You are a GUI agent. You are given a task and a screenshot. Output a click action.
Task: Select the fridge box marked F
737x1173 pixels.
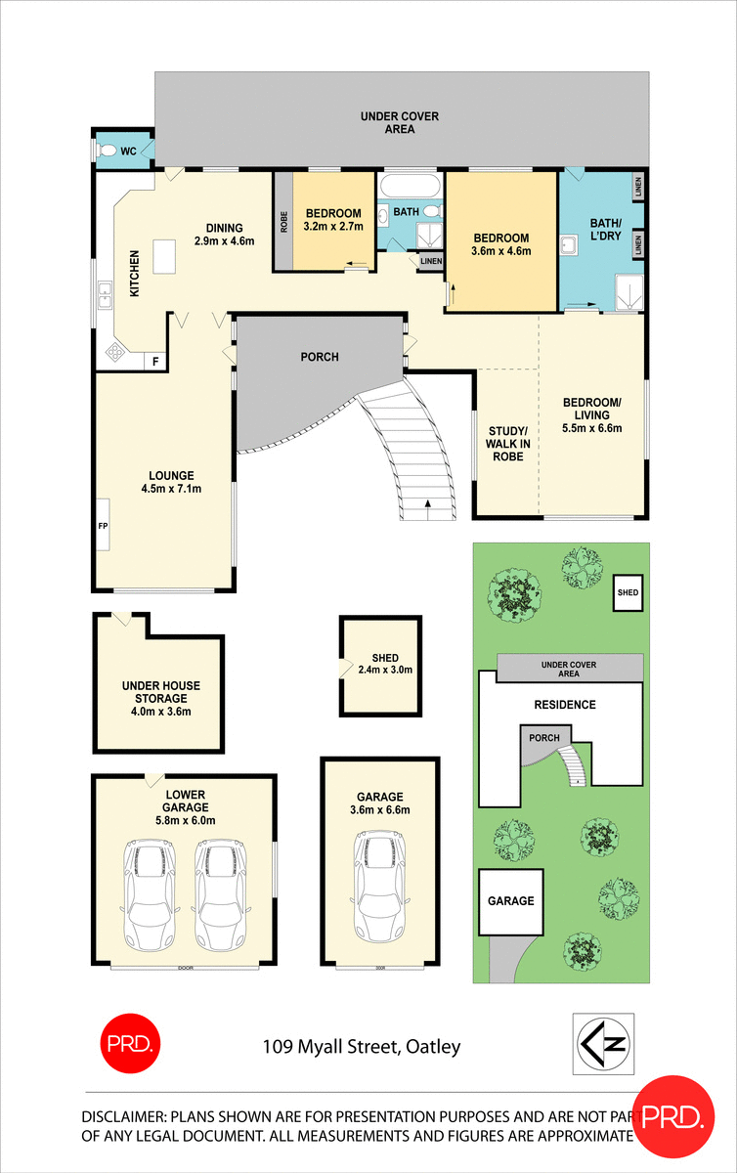pos(154,361)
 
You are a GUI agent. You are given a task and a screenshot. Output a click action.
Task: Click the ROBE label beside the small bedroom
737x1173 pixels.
pos(282,222)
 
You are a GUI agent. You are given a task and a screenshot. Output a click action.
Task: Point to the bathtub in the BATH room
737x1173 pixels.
pos(410,187)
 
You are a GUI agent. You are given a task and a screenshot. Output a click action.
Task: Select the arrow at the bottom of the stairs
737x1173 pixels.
pos(428,504)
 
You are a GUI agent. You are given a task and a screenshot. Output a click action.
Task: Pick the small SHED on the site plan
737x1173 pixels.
pos(627,593)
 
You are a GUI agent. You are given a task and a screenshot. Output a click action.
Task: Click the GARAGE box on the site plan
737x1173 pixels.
pos(511,900)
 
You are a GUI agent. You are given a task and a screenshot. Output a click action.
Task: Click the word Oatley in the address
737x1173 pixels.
pos(431,1048)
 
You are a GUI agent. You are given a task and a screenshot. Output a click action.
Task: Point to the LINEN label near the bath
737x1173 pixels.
pos(430,261)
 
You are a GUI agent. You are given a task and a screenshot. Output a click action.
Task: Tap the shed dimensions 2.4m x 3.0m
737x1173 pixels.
pos(385,670)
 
